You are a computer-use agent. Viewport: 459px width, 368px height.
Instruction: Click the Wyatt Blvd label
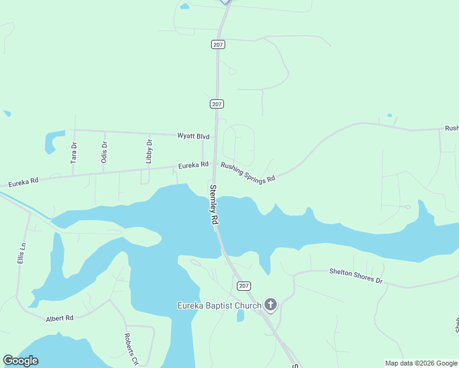pos(193,136)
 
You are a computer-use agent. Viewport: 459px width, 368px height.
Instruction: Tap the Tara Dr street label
pos(74,152)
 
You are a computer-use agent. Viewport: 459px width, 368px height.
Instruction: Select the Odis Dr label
pos(104,151)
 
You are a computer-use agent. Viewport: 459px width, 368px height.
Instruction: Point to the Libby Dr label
pos(149,151)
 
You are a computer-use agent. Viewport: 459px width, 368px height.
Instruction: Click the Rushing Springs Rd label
pos(248,172)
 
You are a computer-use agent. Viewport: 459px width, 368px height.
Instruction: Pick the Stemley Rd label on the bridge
pos(214,204)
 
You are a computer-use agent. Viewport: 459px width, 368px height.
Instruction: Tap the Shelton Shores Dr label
pos(355,275)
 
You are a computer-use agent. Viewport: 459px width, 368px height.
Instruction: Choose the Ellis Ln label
pos(22,253)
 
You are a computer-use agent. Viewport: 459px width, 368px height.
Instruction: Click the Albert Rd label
pos(60,318)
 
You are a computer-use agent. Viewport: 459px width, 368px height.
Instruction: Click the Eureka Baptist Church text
pos(219,305)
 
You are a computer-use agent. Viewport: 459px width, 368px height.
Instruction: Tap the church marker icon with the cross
pos(270,304)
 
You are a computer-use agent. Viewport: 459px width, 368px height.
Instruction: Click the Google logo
pos(20,361)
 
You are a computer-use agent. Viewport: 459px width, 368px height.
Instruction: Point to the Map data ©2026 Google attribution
pos(421,363)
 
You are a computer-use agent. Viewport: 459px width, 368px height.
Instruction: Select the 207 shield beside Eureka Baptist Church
pos(244,286)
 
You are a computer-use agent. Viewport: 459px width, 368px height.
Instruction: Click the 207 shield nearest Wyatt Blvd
pos(217,104)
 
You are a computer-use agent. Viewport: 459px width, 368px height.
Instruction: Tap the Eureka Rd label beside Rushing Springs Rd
pos(193,166)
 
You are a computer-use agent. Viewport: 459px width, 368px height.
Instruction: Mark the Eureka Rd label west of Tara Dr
pos(23,182)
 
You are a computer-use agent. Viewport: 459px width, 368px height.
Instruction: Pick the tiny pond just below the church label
pos(241,316)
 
